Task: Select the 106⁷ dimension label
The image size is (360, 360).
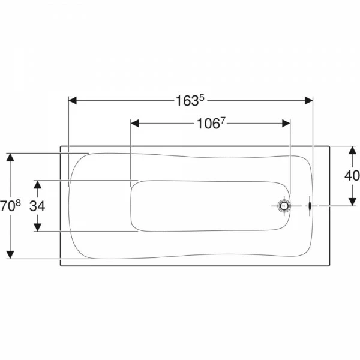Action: pyautogui.click(x=211, y=124)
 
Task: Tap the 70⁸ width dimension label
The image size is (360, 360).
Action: pyautogui.click(x=11, y=205)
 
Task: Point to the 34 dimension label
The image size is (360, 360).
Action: pyautogui.click(x=37, y=205)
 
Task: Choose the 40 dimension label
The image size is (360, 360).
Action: pyautogui.click(x=352, y=175)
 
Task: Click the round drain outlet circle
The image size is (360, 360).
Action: pyautogui.click(x=283, y=206)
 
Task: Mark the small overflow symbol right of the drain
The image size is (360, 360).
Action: pyautogui.click(x=308, y=206)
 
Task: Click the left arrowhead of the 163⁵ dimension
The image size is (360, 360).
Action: pyautogui.click(x=73, y=100)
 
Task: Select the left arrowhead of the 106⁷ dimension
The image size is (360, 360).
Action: pyautogui.click(x=135, y=124)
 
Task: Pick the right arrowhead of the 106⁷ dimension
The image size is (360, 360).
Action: pyautogui.click(x=286, y=124)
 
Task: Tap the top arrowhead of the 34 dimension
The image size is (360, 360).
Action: pyautogui.click(x=37, y=184)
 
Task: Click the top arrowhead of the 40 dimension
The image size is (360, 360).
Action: pyautogui.click(x=352, y=149)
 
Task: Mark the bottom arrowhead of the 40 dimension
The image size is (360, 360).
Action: pyautogui.click(x=352, y=202)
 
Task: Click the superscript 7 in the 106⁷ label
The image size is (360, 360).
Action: pyautogui.click(x=222, y=121)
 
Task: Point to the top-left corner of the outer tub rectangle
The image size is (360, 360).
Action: pyautogui.click(x=60, y=145)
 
